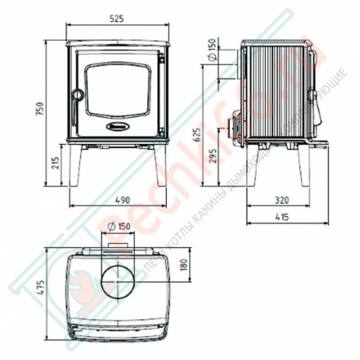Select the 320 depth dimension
pos(281,198)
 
